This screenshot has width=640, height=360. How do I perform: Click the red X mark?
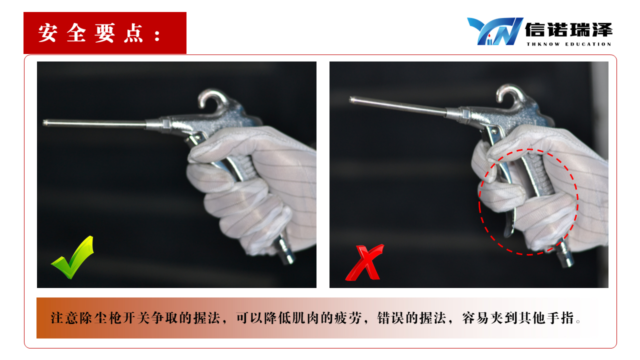(365, 263)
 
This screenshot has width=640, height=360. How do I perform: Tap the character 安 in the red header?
(47, 33)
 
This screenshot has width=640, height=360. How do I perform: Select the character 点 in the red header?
(133, 33)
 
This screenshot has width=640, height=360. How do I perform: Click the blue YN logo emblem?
(495, 31)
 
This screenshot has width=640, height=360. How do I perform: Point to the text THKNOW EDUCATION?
(568, 44)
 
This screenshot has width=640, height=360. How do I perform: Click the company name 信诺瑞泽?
(568, 30)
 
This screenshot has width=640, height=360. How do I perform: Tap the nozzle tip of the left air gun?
(45, 123)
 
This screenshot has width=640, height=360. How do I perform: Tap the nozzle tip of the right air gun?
(351, 99)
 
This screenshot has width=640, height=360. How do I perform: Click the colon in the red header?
(157, 36)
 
